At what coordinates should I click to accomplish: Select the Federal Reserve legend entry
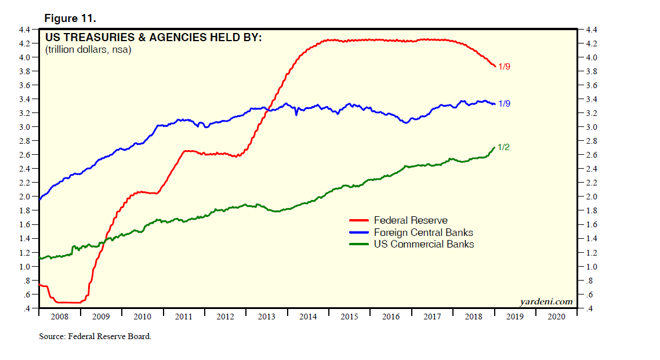(411, 220)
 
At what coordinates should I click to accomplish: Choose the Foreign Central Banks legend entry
(427, 232)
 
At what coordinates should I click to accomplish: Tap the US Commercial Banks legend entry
(424, 245)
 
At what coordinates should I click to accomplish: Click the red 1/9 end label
(504, 67)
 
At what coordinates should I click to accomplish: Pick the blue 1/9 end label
(504, 104)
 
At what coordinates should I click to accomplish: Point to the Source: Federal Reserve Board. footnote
(95, 336)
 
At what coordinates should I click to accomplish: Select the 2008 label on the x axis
(59, 317)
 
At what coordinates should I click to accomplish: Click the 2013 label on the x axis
(266, 317)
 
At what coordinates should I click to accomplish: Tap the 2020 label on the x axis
(556, 317)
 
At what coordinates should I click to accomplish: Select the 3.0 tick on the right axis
(592, 127)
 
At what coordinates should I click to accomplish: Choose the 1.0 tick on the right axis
(592, 267)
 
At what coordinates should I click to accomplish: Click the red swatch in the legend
(359, 220)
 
